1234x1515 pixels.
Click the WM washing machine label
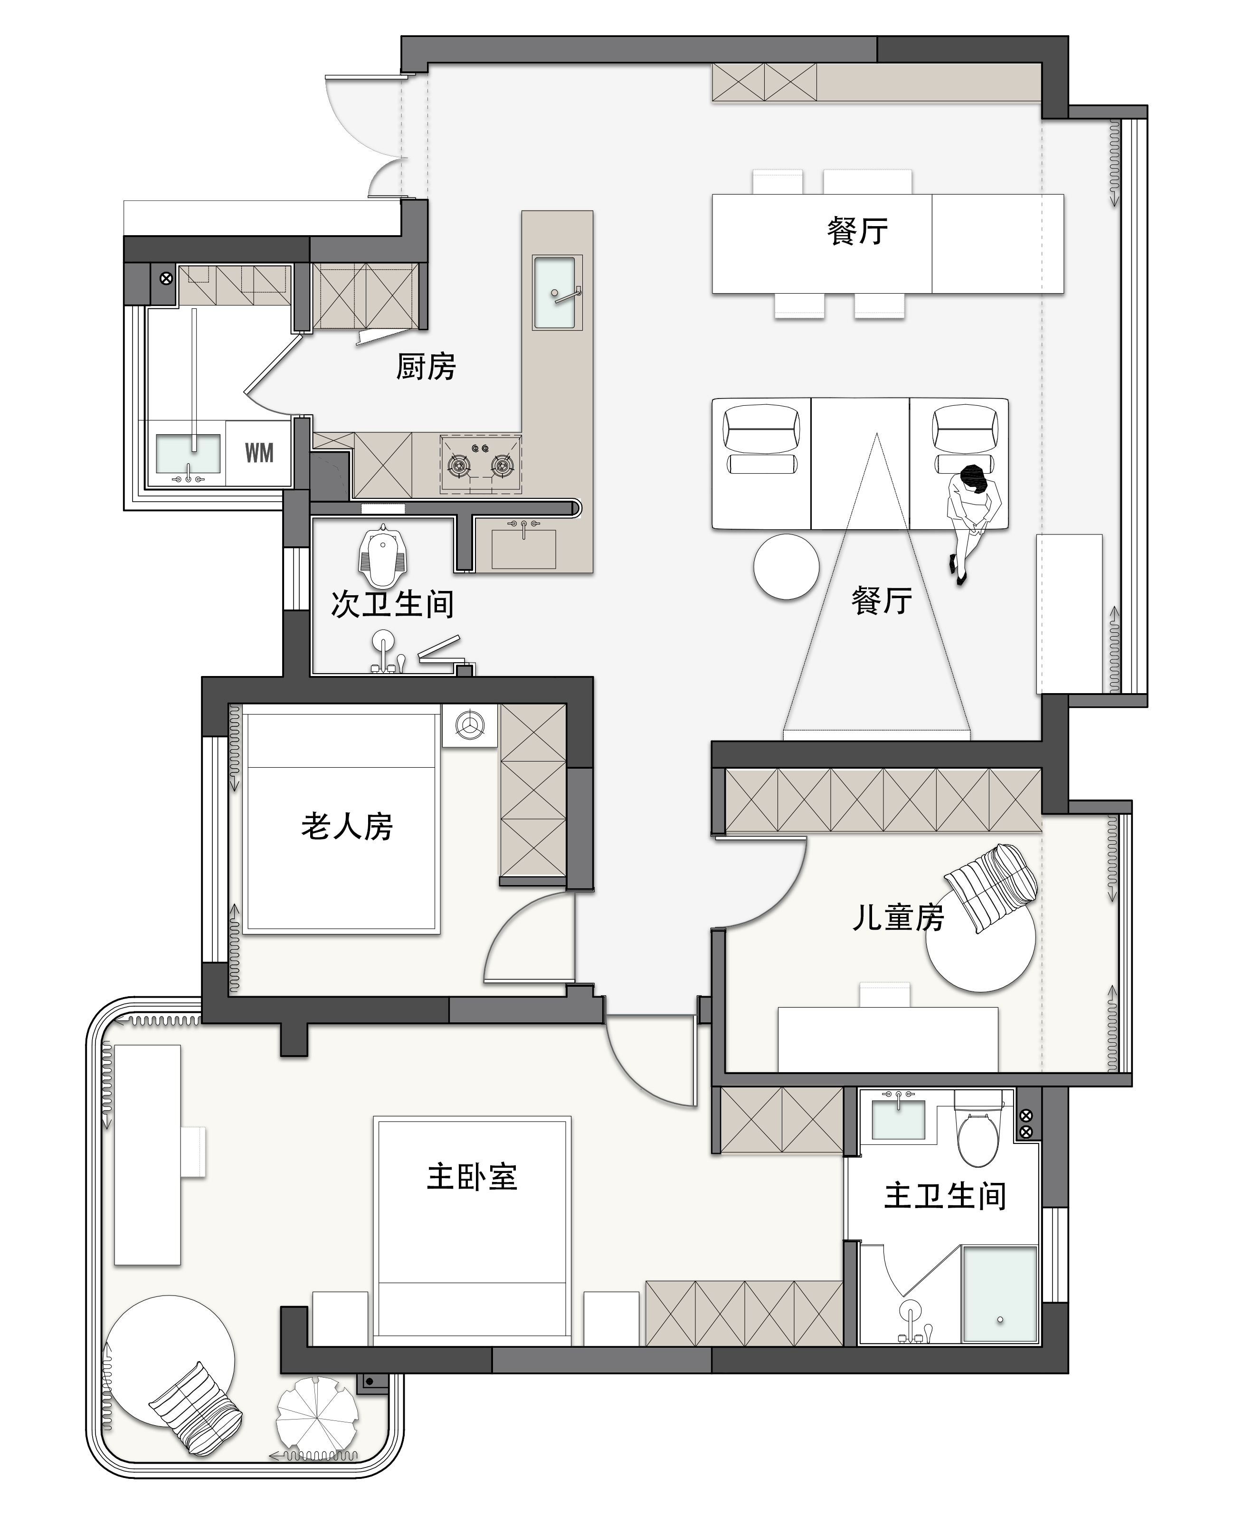(259, 453)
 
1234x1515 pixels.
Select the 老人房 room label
(347, 826)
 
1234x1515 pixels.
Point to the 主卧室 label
(472, 1177)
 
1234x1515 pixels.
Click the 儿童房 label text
(899, 917)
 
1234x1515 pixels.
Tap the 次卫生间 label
(392, 604)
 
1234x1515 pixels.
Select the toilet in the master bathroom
(978, 1130)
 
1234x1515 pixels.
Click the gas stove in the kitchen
(481, 464)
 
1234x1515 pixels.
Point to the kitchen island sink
(555, 292)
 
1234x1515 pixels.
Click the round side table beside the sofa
(786, 567)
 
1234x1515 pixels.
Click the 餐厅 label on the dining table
(858, 231)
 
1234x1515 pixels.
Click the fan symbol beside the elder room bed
(470, 725)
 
